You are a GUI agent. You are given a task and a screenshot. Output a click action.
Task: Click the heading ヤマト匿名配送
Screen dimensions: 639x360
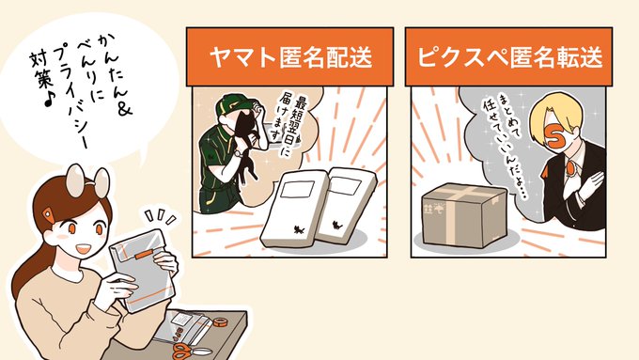click(x=290, y=56)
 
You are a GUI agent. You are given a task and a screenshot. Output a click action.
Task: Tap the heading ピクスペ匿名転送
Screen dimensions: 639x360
click(x=509, y=56)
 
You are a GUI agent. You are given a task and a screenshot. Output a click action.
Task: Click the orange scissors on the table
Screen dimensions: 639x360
click(x=190, y=351)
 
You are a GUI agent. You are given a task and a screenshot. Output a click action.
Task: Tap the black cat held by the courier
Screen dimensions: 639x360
click(x=246, y=138)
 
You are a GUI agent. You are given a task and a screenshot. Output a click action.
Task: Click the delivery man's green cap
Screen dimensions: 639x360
click(x=233, y=104)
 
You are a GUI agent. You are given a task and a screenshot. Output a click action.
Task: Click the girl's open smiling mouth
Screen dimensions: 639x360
click(x=83, y=248)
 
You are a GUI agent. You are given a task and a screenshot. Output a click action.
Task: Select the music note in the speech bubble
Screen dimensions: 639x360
click(x=49, y=99)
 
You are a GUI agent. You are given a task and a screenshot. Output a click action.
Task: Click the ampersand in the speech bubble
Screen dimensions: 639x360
click(x=123, y=108)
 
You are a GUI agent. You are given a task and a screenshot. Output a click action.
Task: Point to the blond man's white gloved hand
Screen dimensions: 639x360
click(x=586, y=184)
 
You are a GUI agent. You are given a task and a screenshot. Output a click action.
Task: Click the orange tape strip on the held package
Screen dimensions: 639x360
click(x=143, y=256)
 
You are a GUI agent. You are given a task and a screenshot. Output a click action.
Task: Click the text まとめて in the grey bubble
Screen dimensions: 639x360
click(x=502, y=117)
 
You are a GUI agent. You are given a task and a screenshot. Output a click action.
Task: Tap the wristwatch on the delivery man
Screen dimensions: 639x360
click(x=238, y=153)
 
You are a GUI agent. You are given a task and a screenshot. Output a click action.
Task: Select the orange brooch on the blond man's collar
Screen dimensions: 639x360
click(x=558, y=168)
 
